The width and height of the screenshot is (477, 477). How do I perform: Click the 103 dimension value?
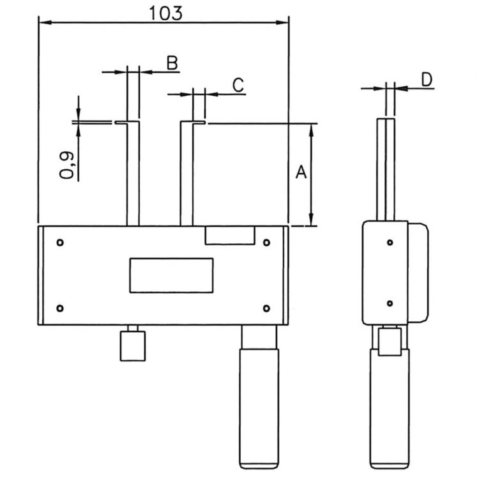click(166, 13)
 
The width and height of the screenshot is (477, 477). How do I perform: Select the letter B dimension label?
click(172, 63)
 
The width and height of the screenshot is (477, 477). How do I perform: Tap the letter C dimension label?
click(238, 85)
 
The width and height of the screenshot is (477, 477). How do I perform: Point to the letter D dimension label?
click(427, 80)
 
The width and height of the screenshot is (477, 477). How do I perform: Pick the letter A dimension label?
click(301, 172)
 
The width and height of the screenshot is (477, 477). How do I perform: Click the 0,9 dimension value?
click(66, 165)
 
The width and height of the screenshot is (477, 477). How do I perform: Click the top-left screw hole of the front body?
click(60, 243)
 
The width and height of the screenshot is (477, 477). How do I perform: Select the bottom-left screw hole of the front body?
click(60, 308)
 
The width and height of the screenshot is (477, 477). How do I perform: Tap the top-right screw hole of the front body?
click(266, 243)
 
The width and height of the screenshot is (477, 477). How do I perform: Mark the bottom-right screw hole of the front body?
click(266, 308)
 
